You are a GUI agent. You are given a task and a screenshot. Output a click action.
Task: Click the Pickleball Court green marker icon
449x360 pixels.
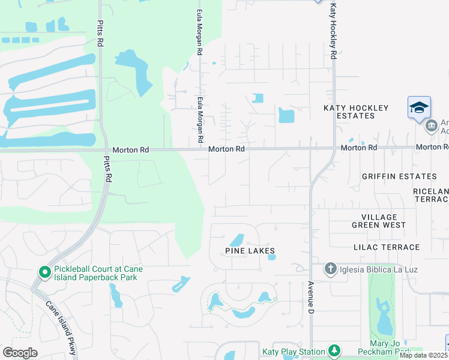click(44, 272)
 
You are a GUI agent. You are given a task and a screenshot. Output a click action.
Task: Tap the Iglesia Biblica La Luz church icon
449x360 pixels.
click(330, 268)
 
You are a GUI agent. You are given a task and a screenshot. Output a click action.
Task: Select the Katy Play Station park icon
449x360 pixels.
click(334, 351)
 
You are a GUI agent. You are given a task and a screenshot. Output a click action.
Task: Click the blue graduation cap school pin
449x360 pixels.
click(419, 107)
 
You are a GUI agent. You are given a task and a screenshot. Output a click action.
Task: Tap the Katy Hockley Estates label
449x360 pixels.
click(356, 112)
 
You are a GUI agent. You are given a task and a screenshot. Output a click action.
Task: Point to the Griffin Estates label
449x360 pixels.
click(399, 176)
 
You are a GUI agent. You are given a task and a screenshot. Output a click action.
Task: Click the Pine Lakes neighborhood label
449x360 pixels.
click(250, 250)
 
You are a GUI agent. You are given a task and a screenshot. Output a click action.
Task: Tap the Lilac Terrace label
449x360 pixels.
click(387, 247)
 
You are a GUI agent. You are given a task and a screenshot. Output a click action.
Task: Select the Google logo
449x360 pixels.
click(20, 353)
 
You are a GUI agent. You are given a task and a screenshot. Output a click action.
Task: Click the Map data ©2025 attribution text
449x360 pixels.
click(424, 355)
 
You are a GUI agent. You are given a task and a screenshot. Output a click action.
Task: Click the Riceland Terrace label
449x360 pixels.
click(430, 194)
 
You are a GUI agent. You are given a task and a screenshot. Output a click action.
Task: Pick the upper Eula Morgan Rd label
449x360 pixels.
click(199, 32)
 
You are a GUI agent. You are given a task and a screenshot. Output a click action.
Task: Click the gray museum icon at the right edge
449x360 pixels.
click(431, 126)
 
